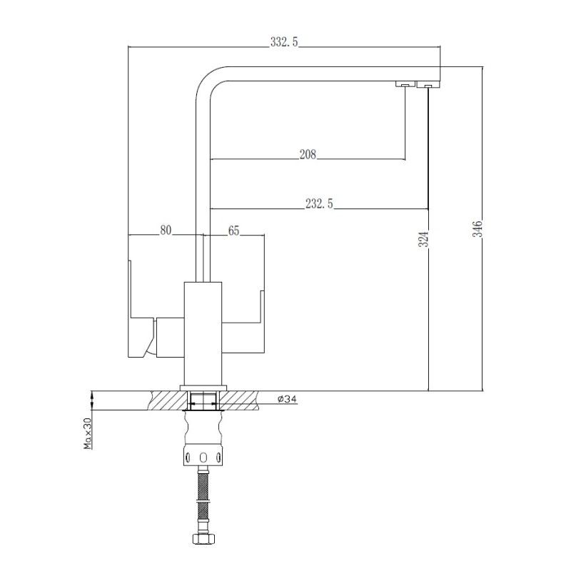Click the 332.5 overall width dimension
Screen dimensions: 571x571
pos(284,43)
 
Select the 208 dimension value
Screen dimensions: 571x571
pos(308,154)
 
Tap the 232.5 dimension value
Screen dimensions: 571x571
pos(319,204)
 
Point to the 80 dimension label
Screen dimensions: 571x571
pos(166,230)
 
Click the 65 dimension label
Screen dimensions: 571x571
pos(233,230)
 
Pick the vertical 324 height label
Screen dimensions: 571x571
pos(423,239)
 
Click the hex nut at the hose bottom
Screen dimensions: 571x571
pos(203,541)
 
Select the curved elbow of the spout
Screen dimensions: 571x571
pos(207,82)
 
